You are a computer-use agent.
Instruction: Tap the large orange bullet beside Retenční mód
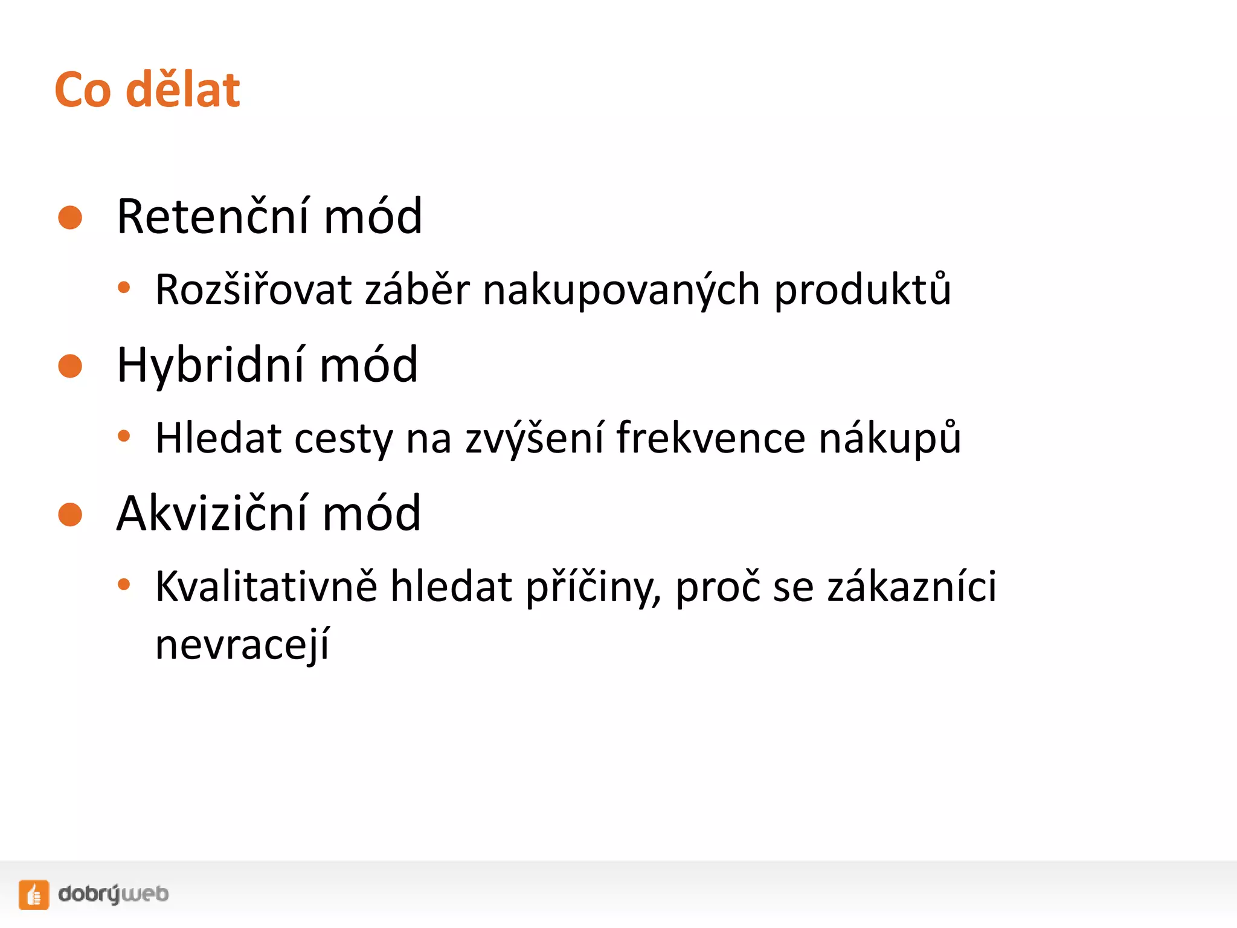tap(70, 217)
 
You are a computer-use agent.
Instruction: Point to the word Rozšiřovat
tap(253, 289)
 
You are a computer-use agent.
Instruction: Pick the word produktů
tap(863, 291)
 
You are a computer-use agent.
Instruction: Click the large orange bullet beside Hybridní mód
tap(70, 366)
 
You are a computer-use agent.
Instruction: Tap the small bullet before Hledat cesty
tap(124, 436)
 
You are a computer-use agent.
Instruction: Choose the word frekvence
tap(710, 438)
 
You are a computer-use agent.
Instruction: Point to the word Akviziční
tap(213, 513)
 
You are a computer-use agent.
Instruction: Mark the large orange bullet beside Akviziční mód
tap(70, 515)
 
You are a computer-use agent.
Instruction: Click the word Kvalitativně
tap(266, 587)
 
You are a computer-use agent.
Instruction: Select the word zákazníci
tap(911, 587)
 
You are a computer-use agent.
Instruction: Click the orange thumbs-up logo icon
tap(34, 894)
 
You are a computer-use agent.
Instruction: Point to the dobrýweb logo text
tap(114, 894)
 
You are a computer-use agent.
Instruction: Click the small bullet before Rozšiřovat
tap(124, 288)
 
